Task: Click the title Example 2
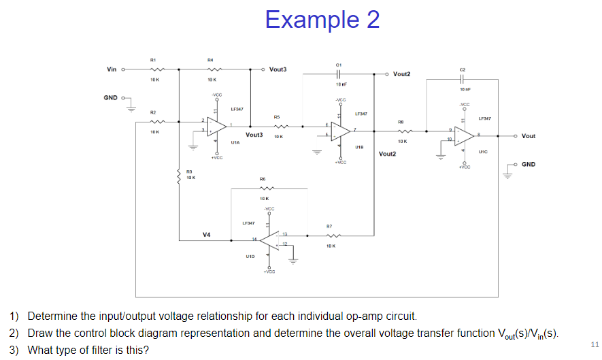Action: (322, 20)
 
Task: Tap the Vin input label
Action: (112, 69)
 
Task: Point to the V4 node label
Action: (206, 234)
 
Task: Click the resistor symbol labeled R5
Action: (278, 125)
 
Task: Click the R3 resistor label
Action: (190, 171)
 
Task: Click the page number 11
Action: (595, 344)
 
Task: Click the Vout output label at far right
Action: (527, 135)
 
